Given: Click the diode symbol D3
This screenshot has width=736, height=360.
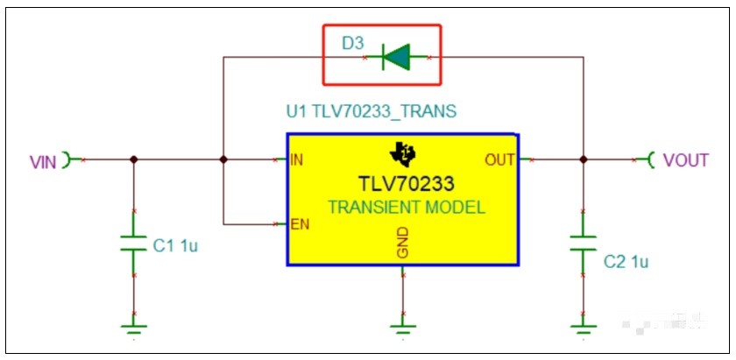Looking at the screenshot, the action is click(396, 57).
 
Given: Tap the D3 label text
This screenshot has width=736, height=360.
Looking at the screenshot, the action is click(352, 44).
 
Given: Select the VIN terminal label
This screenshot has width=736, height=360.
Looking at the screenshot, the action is click(43, 162).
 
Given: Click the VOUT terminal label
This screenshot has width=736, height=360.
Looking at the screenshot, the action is click(685, 160).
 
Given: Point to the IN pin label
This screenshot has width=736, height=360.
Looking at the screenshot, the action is click(297, 159).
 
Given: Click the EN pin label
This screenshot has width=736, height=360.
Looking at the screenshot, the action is click(300, 224).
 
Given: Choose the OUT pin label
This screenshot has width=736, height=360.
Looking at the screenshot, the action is click(499, 160).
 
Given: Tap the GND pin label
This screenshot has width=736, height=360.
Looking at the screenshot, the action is click(403, 243).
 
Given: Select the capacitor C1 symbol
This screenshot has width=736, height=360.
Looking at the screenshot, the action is click(134, 244).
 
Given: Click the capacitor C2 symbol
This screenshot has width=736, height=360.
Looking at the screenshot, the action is click(583, 244).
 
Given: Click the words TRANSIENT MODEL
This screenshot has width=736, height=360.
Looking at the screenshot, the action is click(407, 208).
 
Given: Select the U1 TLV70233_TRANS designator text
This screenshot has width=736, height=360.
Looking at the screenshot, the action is click(372, 112).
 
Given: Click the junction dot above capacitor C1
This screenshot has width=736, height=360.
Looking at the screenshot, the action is click(134, 159).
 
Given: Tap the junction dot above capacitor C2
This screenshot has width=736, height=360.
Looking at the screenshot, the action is click(583, 159).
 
